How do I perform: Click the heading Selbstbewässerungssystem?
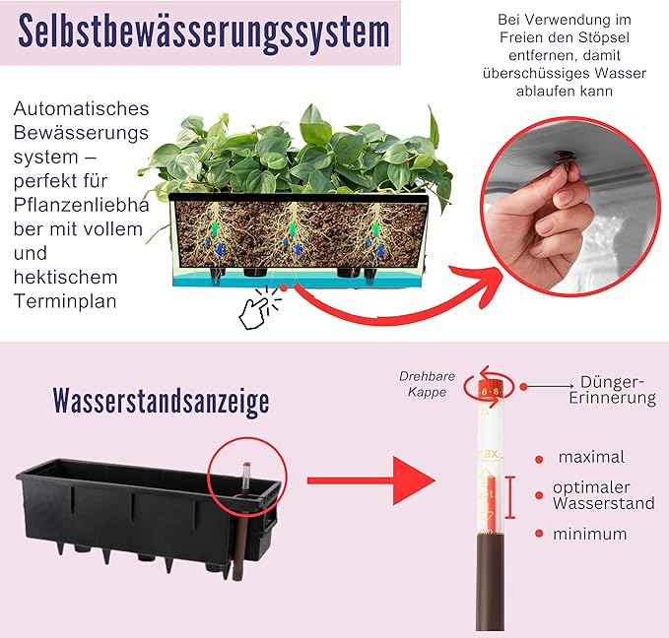pyautogui.click(x=204, y=32)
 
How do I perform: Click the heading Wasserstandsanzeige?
pyautogui.click(x=162, y=401)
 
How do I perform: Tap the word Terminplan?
pyautogui.click(x=65, y=301)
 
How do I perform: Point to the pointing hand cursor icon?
pyautogui.click(x=256, y=310)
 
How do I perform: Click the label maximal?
pyautogui.click(x=591, y=457)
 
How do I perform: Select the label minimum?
pyautogui.click(x=589, y=534)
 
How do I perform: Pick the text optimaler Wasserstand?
pyautogui.click(x=604, y=495)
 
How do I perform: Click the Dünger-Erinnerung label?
pyautogui.click(x=613, y=390)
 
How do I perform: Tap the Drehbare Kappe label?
pyautogui.click(x=427, y=384)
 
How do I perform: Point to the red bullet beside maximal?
pyautogui.click(x=539, y=460)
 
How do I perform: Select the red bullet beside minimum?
pyautogui.click(x=539, y=534)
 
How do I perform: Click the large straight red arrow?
pyautogui.click(x=371, y=480)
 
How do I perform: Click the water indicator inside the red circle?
pyautogui.click(x=245, y=479)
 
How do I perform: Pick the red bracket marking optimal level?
pyautogui.click(x=510, y=497)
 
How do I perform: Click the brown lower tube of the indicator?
pyautogui.click(x=490, y=582)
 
